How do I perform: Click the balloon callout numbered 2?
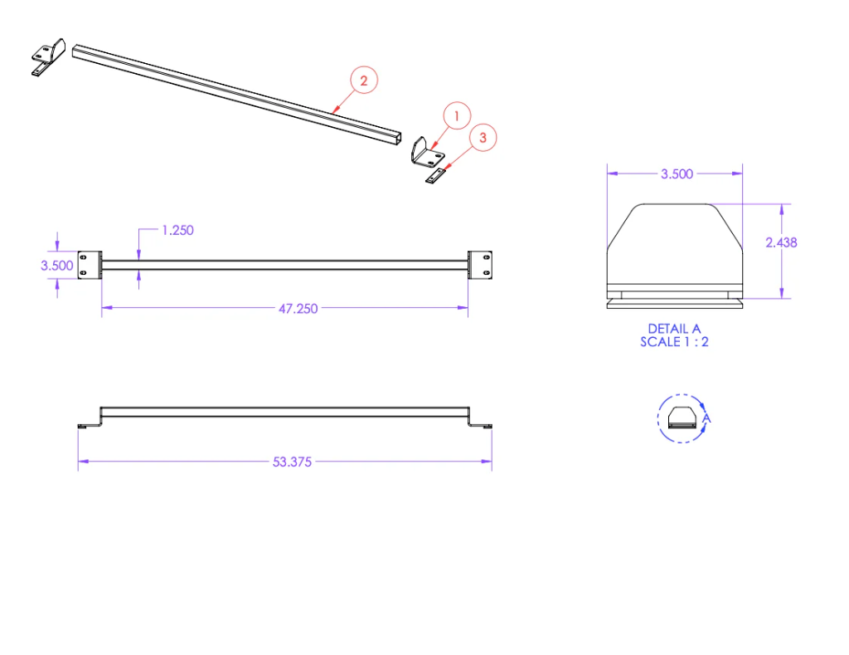tap(364, 81)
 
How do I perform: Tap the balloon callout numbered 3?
tap(483, 138)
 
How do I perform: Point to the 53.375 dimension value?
tap(292, 462)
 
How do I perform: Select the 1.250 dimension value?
tap(177, 230)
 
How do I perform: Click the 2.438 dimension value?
tap(781, 242)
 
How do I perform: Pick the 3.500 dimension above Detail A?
tap(677, 174)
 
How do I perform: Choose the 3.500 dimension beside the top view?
tap(57, 266)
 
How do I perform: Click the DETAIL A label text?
tap(674, 329)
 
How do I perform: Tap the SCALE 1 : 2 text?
tap(674, 341)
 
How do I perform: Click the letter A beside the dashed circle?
tap(706, 420)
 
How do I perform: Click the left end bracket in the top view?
tap(90, 265)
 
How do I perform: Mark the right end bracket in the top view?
tap(480, 265)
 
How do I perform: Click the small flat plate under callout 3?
tap(435, 176)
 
